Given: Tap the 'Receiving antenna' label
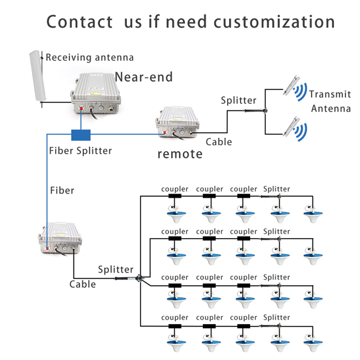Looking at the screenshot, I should (x=90, y=57).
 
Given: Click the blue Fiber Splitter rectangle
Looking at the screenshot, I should (x=81, y=135).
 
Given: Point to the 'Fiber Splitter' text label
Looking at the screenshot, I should (x=81, y=150).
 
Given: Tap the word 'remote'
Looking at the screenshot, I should (x=180, y=154).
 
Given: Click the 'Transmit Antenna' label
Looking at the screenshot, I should (x=330, y=101).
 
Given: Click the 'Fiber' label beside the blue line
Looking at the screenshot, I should (x=62, y=190).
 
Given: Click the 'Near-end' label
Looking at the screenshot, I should (x=144, y=77).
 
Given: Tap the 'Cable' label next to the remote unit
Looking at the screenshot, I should (x=219, y=142).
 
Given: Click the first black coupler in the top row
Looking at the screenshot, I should (x=175, y=196).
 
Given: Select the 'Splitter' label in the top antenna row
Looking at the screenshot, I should (x=276, y=189).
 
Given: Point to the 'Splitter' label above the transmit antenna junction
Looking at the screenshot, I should (x=238, y=100).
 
